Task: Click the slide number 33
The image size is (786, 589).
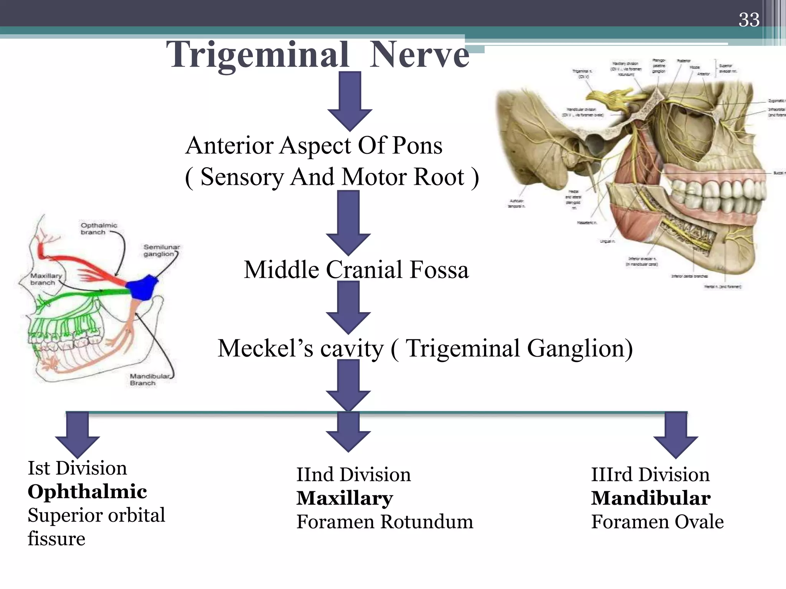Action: pos(749,20)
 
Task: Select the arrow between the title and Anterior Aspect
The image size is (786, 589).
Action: pos(350,102)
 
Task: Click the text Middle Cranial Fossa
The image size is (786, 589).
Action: pos(356,270)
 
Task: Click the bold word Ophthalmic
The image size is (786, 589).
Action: pos(87,492)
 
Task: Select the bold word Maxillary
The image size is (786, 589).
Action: pos(345,498)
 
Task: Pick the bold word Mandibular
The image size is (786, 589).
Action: pos(651,498)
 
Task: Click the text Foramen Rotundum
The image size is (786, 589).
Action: pos(385,522)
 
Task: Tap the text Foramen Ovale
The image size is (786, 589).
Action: pos(657,522)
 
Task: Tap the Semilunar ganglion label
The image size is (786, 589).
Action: pos(161,250)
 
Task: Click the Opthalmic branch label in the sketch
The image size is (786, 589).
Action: pos(99,229)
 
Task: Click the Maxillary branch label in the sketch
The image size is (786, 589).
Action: pos(46,279)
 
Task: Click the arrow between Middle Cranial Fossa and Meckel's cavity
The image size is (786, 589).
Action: pos(348,307)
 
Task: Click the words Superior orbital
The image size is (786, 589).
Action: pos(96,515)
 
